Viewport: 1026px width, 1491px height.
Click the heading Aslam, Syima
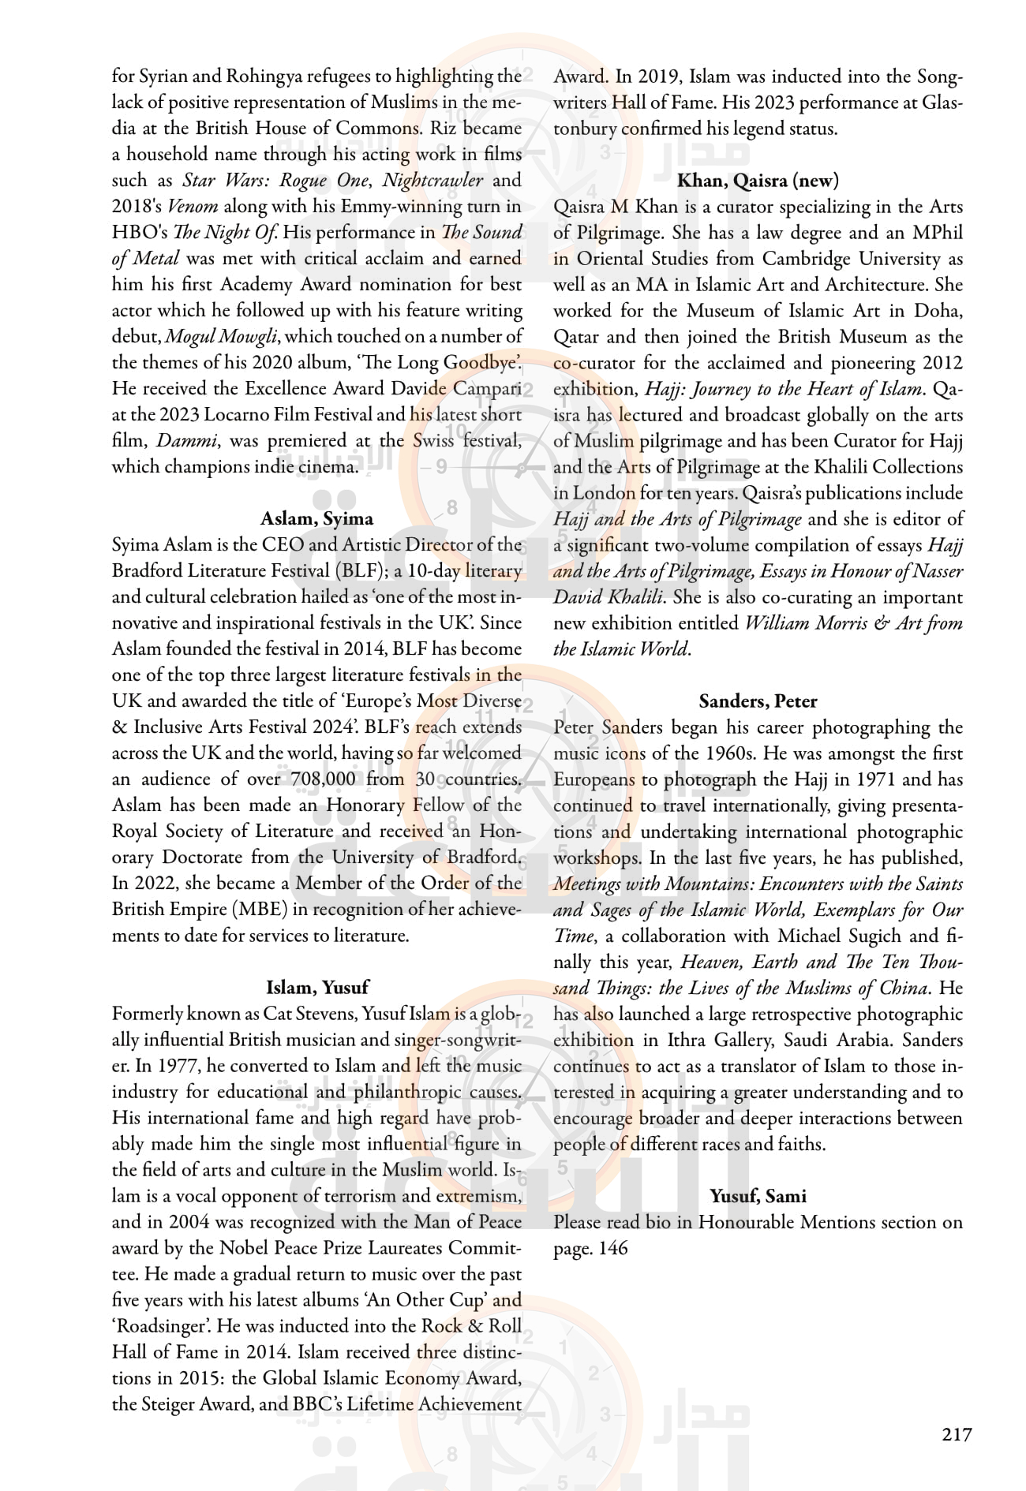coord(316,518)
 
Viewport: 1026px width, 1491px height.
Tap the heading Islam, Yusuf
coord(316,987)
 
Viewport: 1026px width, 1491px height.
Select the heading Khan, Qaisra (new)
coord(758,181)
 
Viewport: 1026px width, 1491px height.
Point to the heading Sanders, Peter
coord(758,701)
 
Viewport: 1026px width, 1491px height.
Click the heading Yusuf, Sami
coord(758,1196)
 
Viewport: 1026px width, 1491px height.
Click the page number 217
coord(957,1433)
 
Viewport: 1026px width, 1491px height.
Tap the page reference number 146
coord(612,1248)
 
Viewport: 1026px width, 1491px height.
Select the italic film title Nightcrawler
coord(432,180)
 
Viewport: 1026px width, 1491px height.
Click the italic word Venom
coord(193,207)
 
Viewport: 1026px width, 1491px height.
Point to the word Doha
coord(938,311)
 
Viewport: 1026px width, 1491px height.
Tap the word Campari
coord(487,389)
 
